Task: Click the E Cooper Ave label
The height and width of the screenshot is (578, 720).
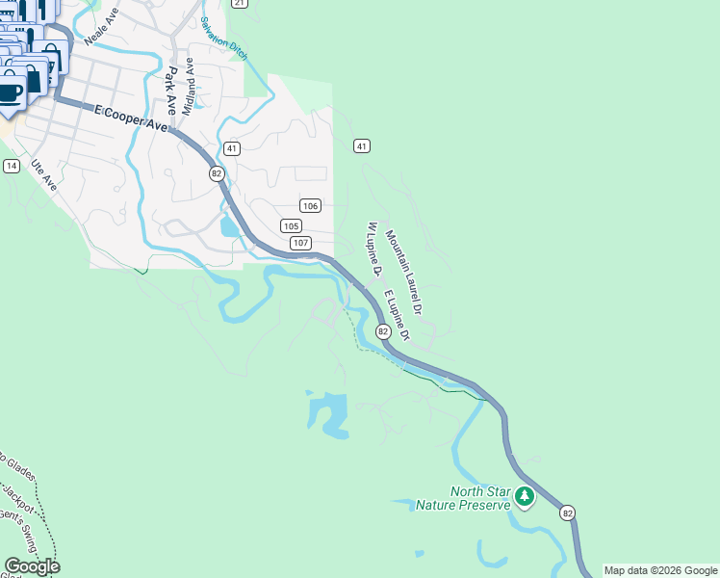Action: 131,118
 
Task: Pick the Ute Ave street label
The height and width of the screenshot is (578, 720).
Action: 44,174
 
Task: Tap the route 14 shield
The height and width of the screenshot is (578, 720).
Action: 12,166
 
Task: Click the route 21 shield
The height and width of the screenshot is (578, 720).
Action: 240,4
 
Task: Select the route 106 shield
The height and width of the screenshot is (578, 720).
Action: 309,206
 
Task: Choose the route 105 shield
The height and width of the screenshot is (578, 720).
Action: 292,225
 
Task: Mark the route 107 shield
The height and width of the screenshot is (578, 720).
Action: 300,243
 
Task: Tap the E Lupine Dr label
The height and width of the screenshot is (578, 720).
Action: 397,315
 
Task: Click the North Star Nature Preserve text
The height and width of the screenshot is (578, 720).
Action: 461,498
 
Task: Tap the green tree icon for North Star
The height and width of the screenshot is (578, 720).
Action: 524,497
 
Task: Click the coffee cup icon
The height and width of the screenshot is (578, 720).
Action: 10,93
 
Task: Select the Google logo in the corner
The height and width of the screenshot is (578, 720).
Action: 32,565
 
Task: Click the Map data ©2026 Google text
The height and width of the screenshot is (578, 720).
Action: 660,570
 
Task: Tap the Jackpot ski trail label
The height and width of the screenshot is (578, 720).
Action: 17,500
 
